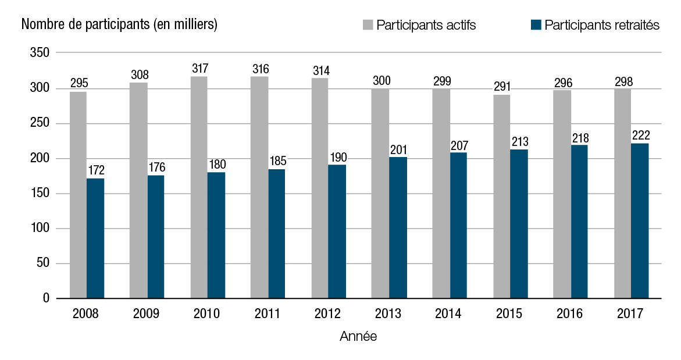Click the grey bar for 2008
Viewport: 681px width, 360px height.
pyautogui.click(x=78, y=195)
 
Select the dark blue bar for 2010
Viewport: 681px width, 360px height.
pyautogui.click(x=216, y=236)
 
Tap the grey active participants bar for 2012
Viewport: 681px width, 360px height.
pyautogui.click(x=320, y=188)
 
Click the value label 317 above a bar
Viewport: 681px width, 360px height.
pyautogui.click(x=199, y=69)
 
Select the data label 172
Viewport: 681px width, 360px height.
pyautogui.click(x=96, y=171)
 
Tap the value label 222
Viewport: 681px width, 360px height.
pyautogui.click(x=640, y=136)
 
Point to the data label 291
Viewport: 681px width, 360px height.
pyautogui.click(x=502, y=87)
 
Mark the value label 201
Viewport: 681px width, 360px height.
pyautogui.click(x=398, y=149)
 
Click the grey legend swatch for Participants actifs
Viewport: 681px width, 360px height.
pyautogui.click(x=368, y=25)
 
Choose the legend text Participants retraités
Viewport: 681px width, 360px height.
pyautogui.click(x=601, y=26)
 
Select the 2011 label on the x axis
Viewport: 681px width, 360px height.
pyautogui.click(x=268, y=315)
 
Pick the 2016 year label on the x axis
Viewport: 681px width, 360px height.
pyautogui.click(x=570, y=315)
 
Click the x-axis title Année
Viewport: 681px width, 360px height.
pyautogui.click(x=358, y=337)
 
